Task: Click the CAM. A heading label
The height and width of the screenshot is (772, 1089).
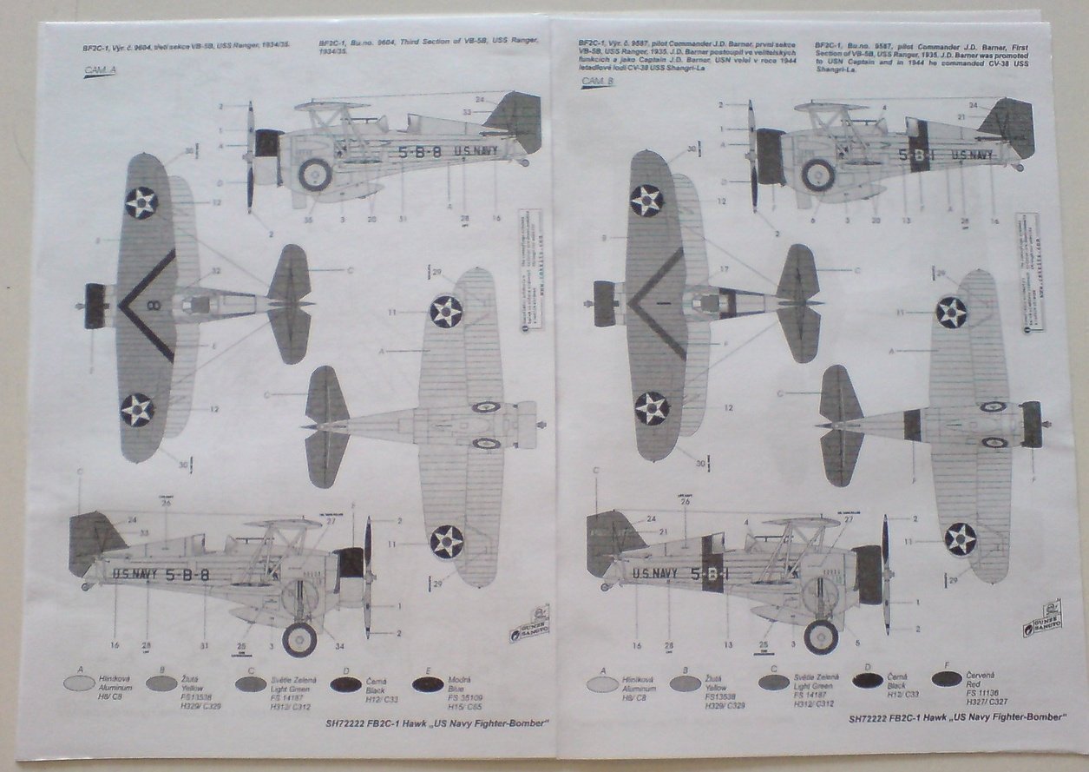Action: [100, 73]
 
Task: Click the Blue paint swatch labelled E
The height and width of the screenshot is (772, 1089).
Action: [428, 683]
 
